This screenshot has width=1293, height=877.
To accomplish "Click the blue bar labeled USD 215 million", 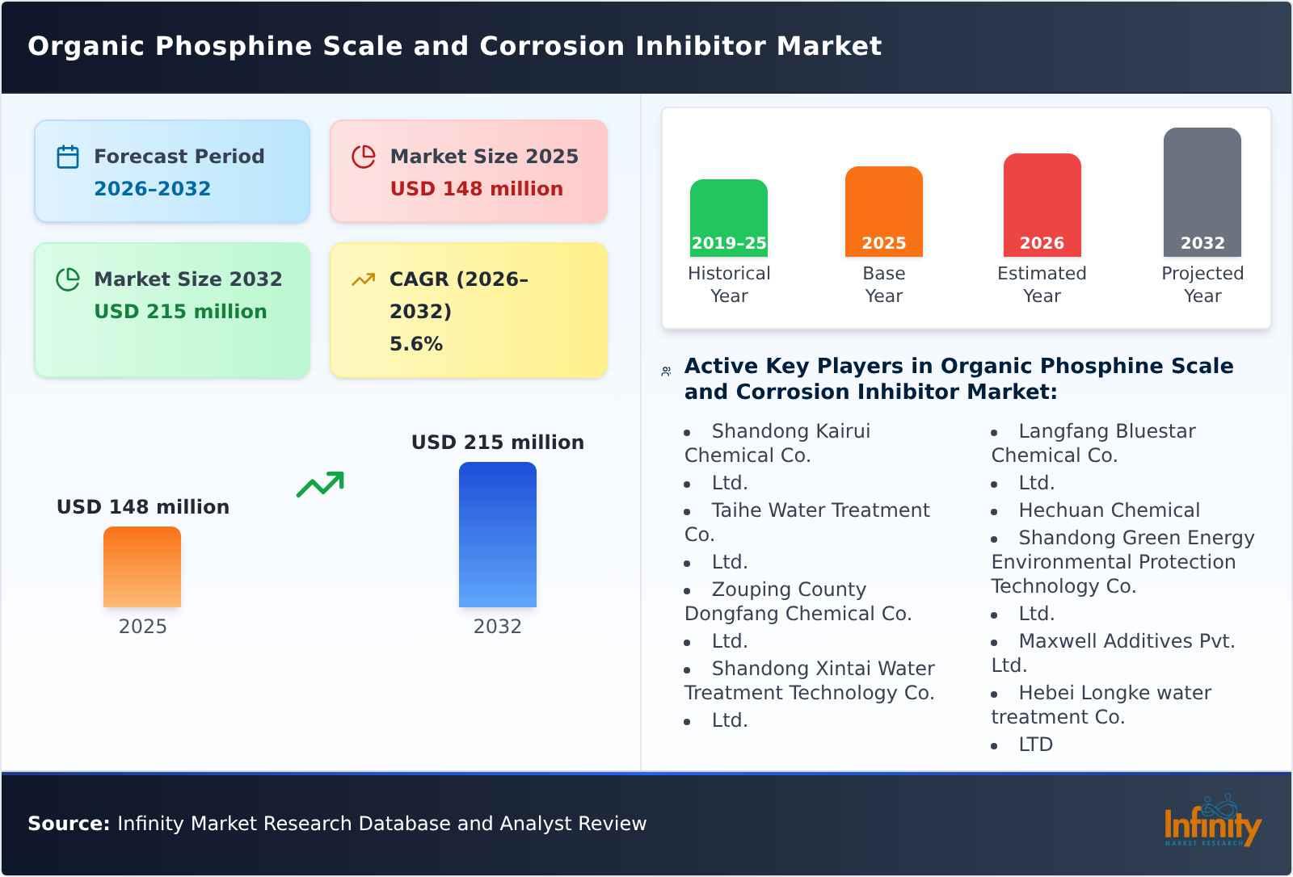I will [497, 535].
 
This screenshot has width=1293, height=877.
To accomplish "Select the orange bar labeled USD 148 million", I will [142, 567].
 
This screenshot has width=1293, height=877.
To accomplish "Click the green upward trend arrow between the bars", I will [320, 485].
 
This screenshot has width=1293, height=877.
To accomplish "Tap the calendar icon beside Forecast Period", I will [68, 157].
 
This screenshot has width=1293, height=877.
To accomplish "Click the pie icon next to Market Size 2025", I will [364, 157].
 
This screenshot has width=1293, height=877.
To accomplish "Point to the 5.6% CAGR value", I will [415, 344].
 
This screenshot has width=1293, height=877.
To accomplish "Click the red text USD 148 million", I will [476, 189].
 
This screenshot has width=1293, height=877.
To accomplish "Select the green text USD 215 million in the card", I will [180, 312].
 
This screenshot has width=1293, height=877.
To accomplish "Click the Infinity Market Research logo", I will [1212, 822].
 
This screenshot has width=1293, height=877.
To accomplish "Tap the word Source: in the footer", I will [69, 824].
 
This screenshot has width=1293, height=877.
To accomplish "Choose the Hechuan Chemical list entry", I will [1109, 510].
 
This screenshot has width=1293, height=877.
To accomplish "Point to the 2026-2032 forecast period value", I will [152, 189].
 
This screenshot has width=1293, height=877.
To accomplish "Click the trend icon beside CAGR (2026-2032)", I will [363, 279].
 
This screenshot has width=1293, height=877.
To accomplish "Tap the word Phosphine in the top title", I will [234, 46].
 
